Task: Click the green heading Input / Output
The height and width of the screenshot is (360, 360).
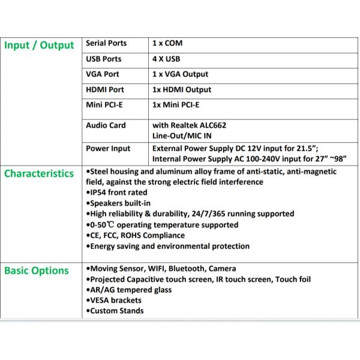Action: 40,46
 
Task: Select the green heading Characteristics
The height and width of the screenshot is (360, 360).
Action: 40,174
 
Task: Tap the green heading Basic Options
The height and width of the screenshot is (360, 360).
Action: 37,271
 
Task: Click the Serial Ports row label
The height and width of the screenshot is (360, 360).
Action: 106,43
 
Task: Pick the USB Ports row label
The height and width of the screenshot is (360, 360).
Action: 104,59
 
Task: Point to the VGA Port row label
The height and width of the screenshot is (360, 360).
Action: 103,74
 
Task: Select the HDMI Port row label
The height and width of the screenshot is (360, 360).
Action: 105,90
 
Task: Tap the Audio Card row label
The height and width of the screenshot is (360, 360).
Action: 106,125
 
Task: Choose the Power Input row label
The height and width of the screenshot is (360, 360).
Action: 108,148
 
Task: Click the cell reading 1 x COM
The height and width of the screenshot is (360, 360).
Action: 167,43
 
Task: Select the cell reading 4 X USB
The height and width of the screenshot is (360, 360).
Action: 166,59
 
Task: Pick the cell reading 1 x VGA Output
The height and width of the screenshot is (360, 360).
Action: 181,74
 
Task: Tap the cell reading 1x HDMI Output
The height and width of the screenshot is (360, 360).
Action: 182,90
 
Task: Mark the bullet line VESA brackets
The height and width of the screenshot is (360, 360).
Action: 115,300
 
